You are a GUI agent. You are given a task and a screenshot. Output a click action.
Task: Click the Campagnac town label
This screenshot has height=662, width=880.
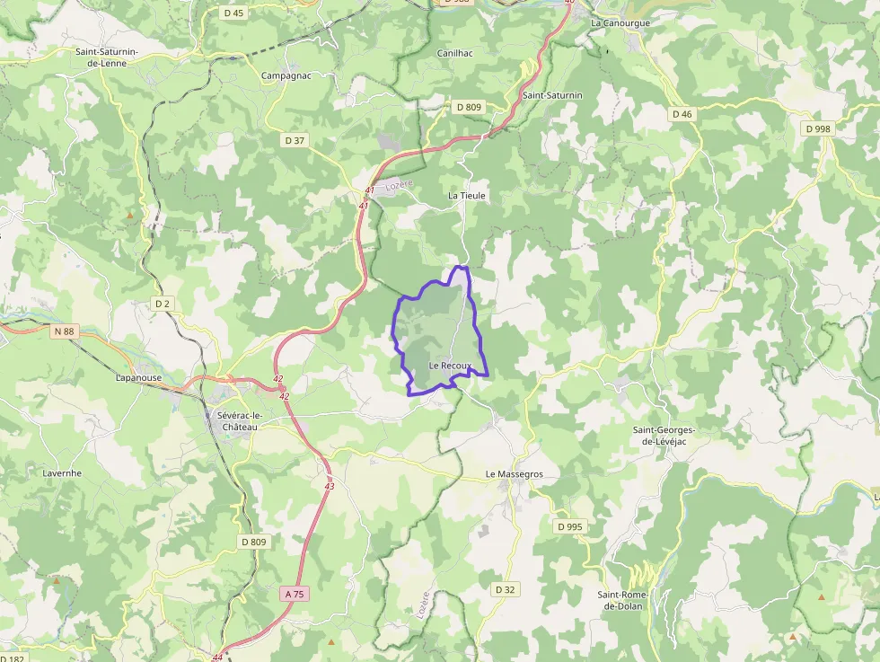pos(286,75)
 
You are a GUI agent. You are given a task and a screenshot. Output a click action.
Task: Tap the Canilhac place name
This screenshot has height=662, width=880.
pos(454,53)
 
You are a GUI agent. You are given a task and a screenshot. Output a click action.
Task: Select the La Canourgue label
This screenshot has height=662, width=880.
pos(620,22)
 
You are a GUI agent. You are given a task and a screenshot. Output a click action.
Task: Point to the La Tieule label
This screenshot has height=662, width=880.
pos(467,195)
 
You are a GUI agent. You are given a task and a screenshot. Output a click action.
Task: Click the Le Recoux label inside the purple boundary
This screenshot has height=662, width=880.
pos(450,366)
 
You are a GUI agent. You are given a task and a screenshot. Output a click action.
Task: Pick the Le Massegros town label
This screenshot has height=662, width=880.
pos(515,473)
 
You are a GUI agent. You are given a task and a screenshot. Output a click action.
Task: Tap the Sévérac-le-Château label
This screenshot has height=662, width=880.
pos(238,420)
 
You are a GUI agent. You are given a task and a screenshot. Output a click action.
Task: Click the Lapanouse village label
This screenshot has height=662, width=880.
pos(139,378)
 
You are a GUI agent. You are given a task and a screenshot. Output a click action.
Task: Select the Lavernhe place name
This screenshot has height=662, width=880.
pos(62,472)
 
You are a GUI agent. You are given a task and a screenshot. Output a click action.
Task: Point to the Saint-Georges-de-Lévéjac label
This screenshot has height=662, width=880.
pos(670,435)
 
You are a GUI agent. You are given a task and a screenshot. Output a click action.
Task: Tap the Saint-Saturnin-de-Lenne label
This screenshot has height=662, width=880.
pos(106,57)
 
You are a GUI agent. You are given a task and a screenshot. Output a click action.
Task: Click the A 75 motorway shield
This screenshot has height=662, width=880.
pos(294,594)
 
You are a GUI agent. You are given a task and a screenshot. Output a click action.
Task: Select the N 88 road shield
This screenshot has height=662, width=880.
pos(64,331)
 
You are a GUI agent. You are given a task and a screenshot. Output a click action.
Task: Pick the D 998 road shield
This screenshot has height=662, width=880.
pos(818,128)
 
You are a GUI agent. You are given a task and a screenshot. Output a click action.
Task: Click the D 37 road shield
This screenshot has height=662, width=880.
pos(295,140)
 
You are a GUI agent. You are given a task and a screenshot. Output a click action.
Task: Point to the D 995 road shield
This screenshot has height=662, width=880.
pos(569,526)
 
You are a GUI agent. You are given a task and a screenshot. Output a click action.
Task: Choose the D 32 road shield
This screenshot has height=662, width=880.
pos(505,589)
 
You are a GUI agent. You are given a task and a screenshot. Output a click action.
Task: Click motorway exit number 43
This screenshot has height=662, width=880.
pos(329,486)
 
